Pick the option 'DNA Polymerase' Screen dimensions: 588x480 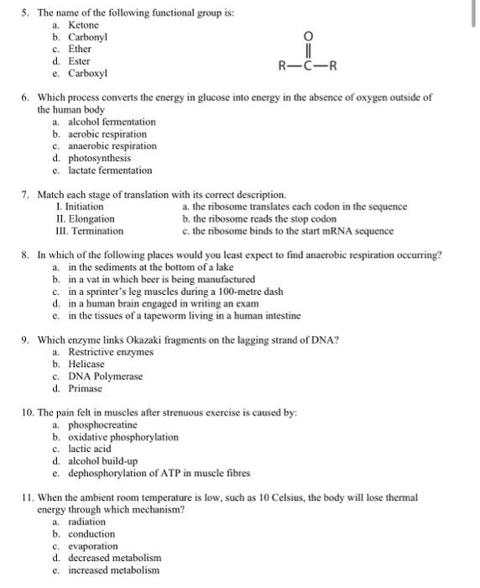(105, 376)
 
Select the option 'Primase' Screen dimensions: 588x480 (86, 388)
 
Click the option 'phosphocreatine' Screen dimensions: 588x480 (102, 425)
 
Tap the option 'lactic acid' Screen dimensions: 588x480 (90, 449)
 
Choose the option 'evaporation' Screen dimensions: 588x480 (92, 546)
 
